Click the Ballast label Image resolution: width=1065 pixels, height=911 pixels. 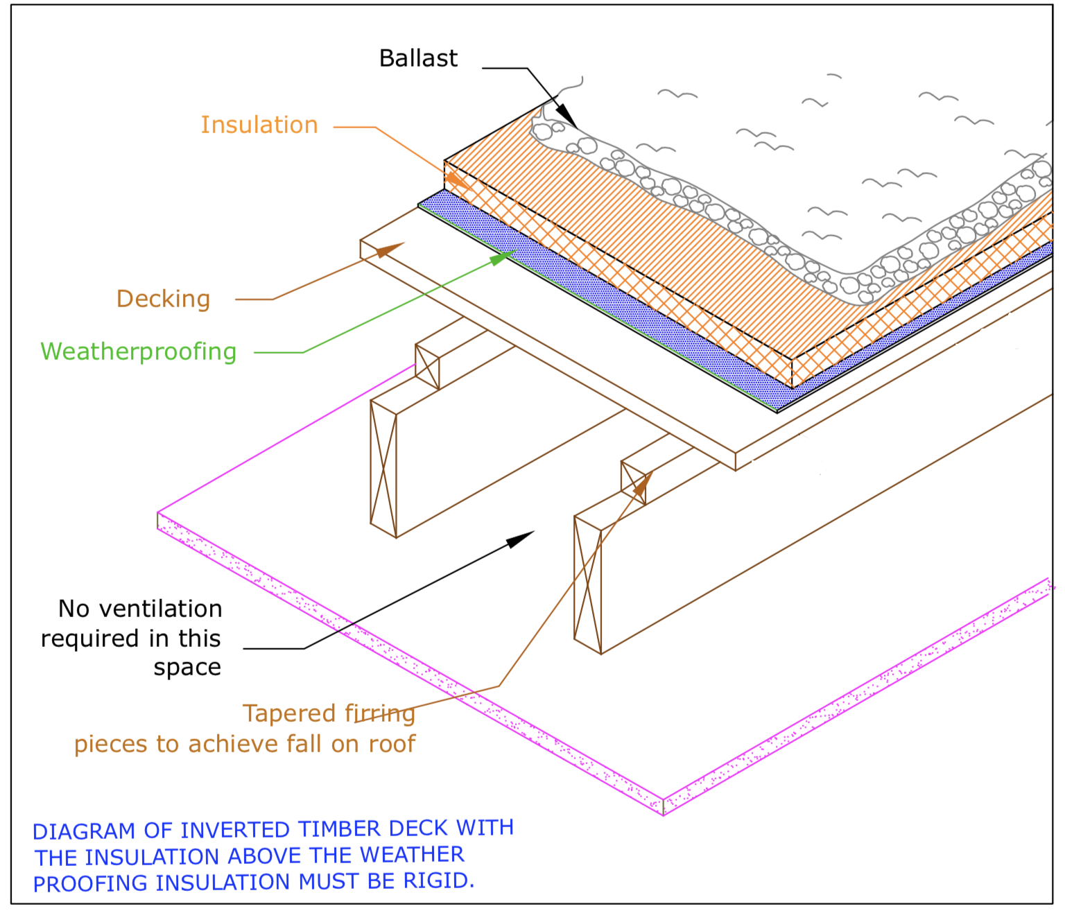click(418, 59)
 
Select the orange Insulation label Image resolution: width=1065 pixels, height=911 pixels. click(259, 125)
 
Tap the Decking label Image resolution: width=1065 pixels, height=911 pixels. click(163, 300)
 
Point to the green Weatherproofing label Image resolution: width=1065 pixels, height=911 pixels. click(139, 352)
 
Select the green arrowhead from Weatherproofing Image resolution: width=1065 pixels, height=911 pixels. click(501, 258)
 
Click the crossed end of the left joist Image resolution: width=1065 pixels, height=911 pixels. click(383, 469)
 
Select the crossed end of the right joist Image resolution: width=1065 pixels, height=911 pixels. click(587, 585)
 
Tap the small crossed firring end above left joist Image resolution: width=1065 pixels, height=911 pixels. click(427, 367)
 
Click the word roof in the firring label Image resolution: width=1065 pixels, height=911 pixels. click(392, 744)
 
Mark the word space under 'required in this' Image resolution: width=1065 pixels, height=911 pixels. click(187, 668)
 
